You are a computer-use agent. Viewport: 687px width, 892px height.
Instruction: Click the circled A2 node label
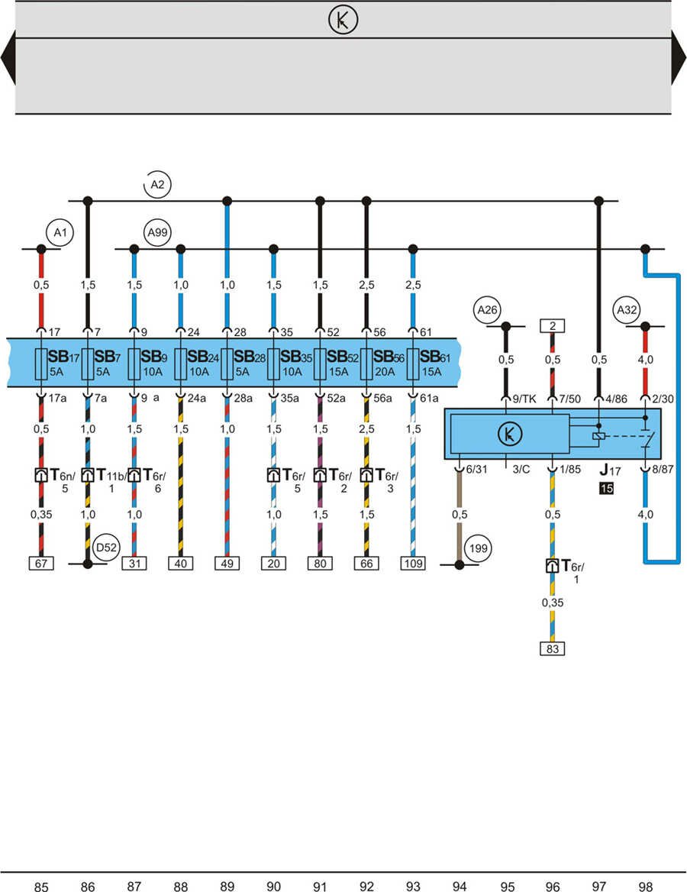click(157, 184)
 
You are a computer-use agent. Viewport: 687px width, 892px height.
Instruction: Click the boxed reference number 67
click(41, 564)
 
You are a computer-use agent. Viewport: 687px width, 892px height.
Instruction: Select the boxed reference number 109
click(413, 564)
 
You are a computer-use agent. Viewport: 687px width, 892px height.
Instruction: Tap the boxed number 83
click(552, 649)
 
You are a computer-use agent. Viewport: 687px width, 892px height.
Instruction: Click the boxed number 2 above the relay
click(552, 326)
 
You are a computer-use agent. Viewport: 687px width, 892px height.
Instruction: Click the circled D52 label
click(105, 547)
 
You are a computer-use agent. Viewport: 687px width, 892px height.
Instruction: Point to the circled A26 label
click(486, 310)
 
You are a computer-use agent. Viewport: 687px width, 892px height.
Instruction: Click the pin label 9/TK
click(524, 399)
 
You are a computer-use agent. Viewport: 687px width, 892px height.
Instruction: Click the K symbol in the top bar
click(343, 21)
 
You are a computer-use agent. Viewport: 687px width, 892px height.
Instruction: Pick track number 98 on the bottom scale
click(645, 886)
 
